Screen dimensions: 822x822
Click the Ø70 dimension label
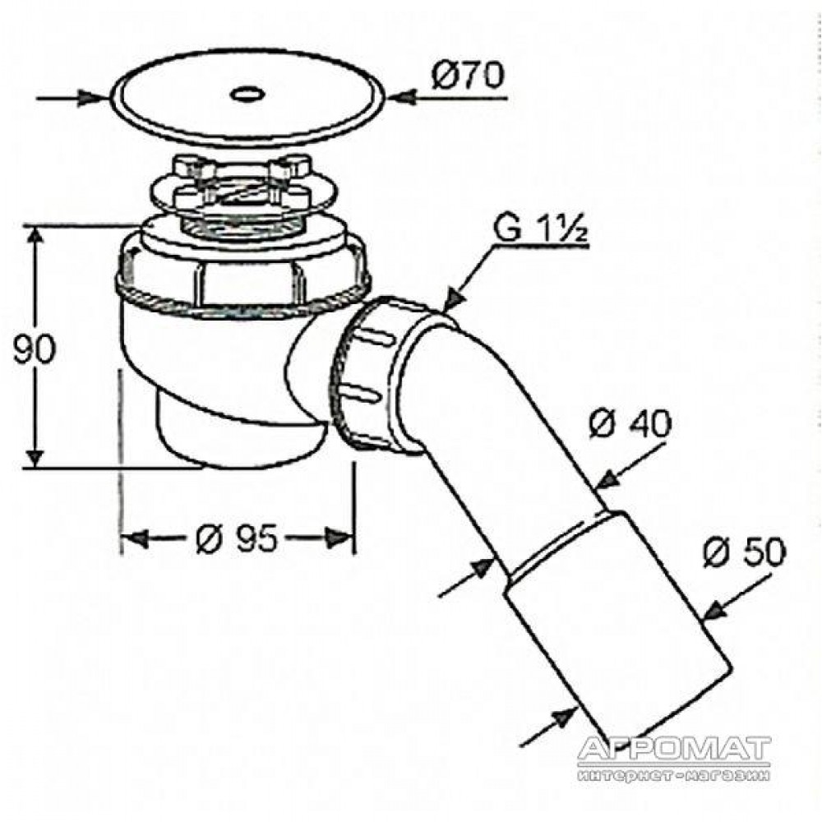point(468,75)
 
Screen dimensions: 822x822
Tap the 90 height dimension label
point(33,349)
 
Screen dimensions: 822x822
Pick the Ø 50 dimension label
point(745,552)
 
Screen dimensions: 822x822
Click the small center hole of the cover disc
point(247,95)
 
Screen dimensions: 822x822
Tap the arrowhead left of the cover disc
point(91,98)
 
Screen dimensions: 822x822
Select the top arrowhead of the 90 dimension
point(35,238)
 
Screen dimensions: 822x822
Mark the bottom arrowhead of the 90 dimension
point(35,456)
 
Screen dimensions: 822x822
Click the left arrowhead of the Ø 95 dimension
point(136,538)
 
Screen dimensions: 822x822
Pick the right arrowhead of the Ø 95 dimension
point(338,538)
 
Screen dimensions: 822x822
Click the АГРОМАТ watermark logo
point(674,750)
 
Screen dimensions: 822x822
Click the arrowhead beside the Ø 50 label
point(714,610)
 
